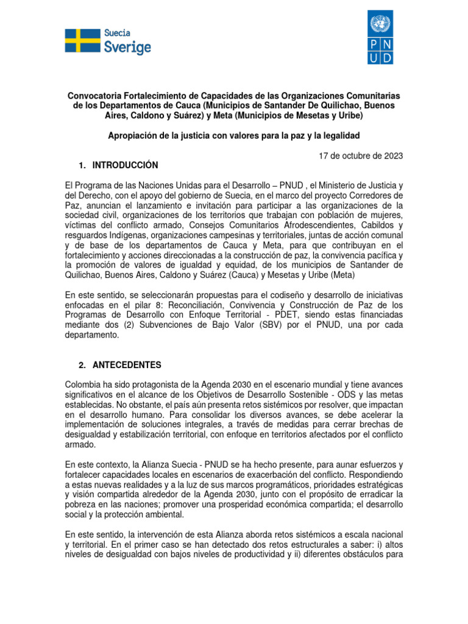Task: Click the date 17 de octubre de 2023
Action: [x=361, y=155]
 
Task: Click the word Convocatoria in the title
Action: [x=94, y=96]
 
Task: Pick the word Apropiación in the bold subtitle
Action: [x=133, y=135]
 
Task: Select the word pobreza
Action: [x=82, y=504]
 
